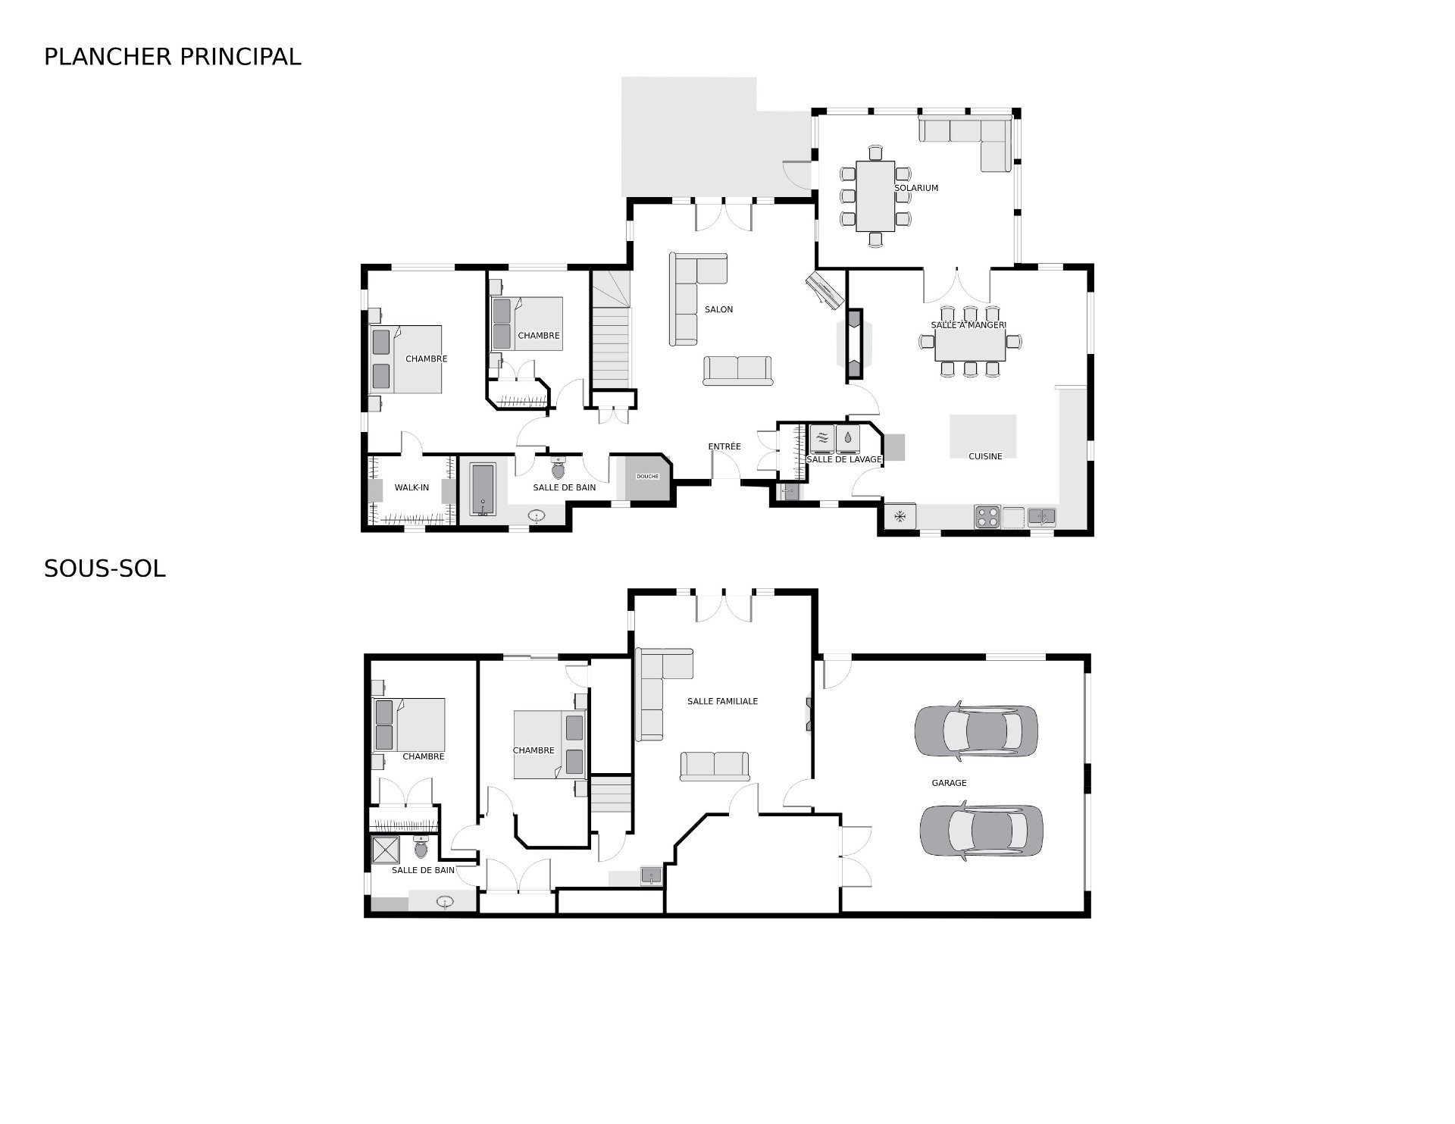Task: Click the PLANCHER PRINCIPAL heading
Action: click(173, 57)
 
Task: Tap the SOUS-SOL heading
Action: click(105, 569)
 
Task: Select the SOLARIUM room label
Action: click(916, 188)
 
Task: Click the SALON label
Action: click(718, 309)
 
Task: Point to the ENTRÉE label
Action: click(724, 446)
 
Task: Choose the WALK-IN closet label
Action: click(411, 487)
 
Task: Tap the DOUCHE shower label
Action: click(648, 477)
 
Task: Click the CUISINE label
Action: click(985, 456)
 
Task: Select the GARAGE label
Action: click(949, 783)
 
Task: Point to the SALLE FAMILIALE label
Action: click(722, 702)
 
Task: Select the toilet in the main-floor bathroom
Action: click(559, 467)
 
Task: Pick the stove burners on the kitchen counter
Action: click(987, 516)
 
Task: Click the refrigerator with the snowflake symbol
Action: click(900, 517)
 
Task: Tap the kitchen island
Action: click(984, 436)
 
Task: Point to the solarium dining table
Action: click(875, 196)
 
